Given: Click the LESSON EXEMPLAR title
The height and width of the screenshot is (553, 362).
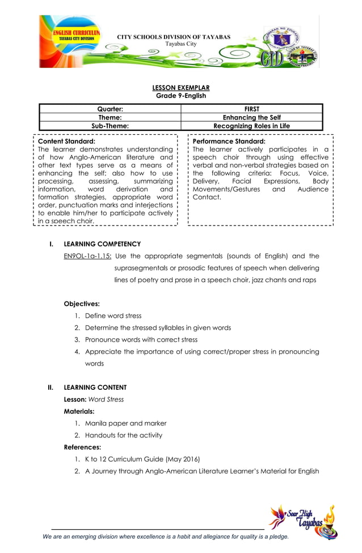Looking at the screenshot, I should [181, 88].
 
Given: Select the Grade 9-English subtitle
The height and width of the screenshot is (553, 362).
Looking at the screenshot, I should [181, 96].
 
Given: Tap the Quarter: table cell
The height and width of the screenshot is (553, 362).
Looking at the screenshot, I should [110, 109].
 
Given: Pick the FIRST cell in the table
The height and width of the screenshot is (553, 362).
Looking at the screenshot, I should [251, 109].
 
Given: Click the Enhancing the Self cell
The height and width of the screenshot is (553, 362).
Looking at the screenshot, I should [251, 117].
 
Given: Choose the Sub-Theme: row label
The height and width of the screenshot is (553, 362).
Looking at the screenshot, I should [110, 126].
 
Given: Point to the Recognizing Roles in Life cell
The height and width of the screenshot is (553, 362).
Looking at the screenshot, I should [251, 126].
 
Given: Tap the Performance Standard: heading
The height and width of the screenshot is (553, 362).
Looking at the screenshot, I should [229, 141].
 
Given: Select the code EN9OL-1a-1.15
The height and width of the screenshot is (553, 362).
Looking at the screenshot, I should [87, 256].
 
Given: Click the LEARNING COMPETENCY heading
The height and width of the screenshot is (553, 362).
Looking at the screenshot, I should [102, 244].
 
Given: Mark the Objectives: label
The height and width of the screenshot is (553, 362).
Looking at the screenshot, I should [82, 304].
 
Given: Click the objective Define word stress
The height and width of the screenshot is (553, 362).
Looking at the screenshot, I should [113, 316].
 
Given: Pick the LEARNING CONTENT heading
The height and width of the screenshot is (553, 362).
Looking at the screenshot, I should [95, 388].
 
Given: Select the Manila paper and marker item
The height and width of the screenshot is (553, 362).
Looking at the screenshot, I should [125, 423].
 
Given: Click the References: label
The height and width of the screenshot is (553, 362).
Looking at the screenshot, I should [82, 447].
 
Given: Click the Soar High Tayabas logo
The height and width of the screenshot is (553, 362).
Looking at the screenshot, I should [303, 520].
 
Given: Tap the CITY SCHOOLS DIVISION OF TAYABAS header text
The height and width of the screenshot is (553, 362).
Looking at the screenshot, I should [174, 37].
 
